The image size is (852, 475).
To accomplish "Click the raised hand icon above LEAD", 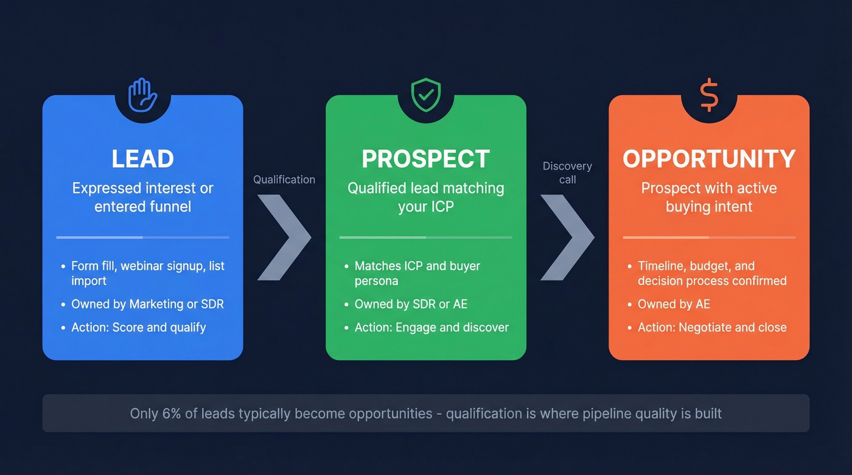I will coord(142,95).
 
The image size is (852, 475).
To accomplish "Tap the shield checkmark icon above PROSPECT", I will coord(426,95).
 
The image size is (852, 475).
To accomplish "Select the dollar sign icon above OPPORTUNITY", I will coord(709,95).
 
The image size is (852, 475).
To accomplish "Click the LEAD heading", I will coord(142,159).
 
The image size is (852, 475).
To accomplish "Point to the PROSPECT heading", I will coord(426,159).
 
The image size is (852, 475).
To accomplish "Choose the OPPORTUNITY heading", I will coord(709,159).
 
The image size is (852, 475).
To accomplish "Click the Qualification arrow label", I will coord(284,179).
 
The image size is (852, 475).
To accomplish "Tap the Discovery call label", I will coord(567,173).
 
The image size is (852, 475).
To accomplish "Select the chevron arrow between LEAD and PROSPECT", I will coord(284,237).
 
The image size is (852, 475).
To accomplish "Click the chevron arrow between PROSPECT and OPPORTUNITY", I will coord(567,237).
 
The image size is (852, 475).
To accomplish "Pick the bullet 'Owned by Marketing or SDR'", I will coord(147,304).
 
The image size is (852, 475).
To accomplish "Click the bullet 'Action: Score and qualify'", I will coord(138,327).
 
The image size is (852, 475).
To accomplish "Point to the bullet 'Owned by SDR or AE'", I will coord(411,304).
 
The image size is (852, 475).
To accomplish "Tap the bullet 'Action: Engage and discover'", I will coord(431,327).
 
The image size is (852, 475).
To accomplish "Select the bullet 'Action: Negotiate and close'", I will coord(712,327).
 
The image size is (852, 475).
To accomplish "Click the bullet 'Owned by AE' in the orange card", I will coord(674,304).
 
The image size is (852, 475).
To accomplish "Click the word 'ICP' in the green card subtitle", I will coord(442,206).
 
